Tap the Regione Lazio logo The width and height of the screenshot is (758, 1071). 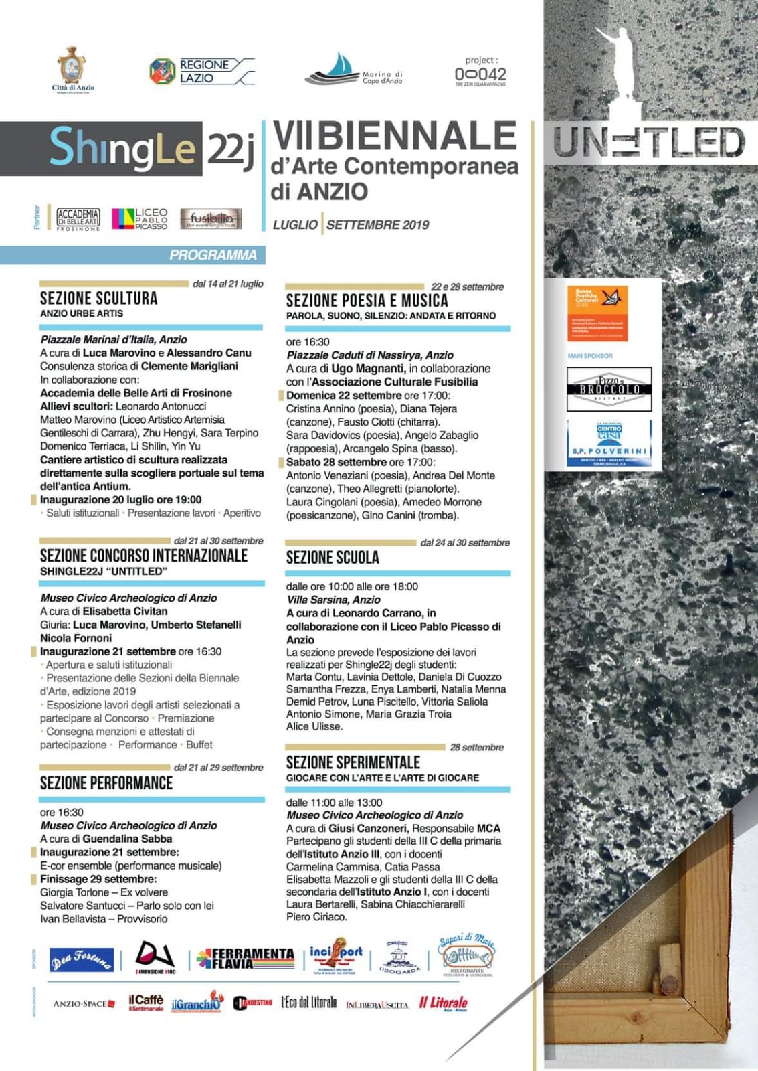(201, 71)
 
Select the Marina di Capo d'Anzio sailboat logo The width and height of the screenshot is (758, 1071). (353, 70)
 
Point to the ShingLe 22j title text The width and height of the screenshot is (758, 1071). (151, 148)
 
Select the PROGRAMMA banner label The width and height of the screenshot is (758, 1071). (213, 255)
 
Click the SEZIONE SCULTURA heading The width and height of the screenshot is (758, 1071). (98, 299)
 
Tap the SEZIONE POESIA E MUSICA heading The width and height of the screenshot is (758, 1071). (367, 301)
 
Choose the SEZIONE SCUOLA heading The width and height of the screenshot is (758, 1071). (333, 558)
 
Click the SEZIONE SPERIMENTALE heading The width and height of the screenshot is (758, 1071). (353, 762)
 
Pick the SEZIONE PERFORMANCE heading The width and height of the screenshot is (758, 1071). (106, 783)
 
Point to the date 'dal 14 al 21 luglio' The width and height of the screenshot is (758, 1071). (227, 284)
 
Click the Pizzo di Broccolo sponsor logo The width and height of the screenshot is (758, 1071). (609, 389)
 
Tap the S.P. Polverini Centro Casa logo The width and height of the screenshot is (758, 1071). (609, 443)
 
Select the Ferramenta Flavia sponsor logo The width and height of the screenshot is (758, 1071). (245, 959)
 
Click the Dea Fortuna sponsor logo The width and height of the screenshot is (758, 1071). (82, 960)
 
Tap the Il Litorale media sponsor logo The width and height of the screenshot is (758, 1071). (443, 1003)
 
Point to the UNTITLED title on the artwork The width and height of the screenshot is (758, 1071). (648, 143)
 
